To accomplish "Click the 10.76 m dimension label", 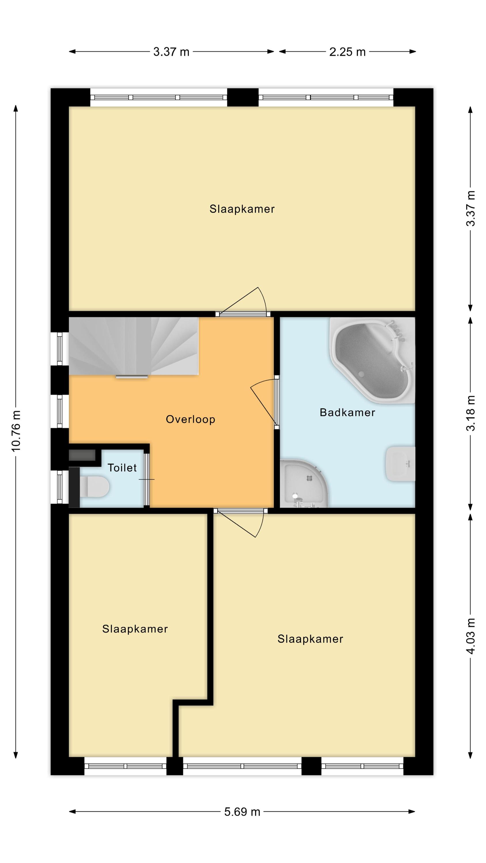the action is coord(16,431).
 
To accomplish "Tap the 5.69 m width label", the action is coord(242,812).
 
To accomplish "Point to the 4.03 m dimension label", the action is coord(471,636).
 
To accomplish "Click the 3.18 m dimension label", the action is coord(471,413).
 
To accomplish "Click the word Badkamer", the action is coord(347,413).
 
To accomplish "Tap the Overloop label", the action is coord(191,419).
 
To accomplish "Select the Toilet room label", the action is coord(122,468).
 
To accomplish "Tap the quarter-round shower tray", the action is coord(303,484).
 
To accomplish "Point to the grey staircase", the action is coord(134,346).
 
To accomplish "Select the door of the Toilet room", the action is coord(147,479).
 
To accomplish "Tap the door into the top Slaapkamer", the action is coord(243,302).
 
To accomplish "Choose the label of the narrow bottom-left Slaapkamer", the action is coord(135,629).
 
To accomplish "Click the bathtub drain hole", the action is coord(361,374).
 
